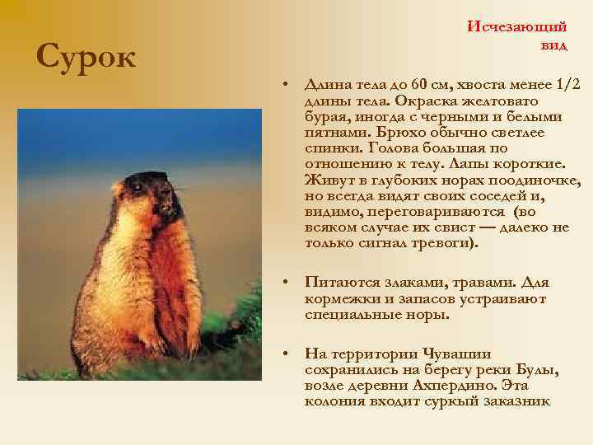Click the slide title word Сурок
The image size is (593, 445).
(86, 57)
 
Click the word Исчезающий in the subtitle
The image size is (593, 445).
(518, 26)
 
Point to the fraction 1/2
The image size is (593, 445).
(567, 84)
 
